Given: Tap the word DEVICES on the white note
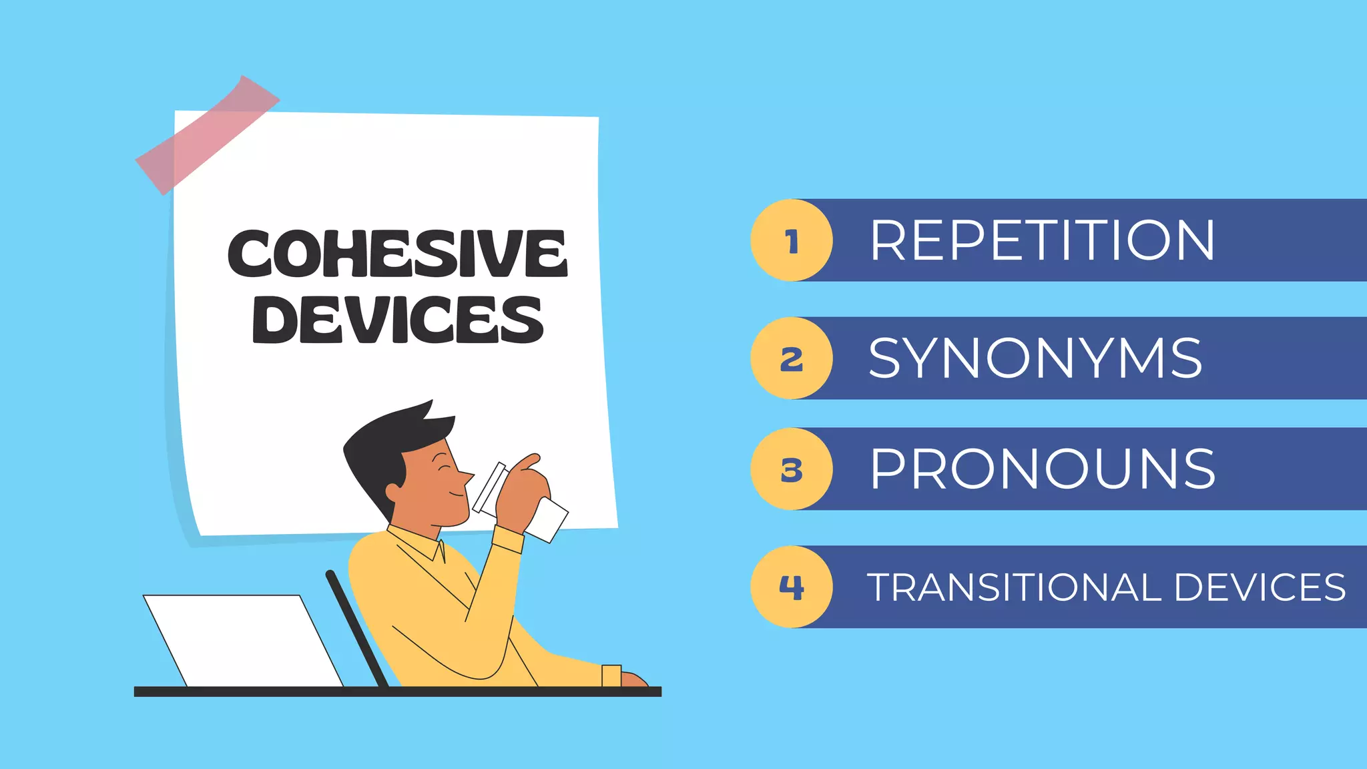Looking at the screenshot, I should pos(398,320).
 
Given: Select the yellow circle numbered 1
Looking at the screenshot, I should pos(792,240).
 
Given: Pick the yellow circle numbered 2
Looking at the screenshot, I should pos(792,358).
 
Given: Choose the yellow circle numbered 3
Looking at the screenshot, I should pos(792,469).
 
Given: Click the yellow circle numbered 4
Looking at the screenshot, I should pos(792,587).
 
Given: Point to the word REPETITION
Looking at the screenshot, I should pos(1042,240).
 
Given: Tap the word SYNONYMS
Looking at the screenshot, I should pos(1035,358).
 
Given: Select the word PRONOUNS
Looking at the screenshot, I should pos(1043,469).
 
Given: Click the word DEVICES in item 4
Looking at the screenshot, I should pos(1260,587).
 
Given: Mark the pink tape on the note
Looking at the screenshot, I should pos(208,135).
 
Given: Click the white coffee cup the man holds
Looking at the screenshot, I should pos(521,504).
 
